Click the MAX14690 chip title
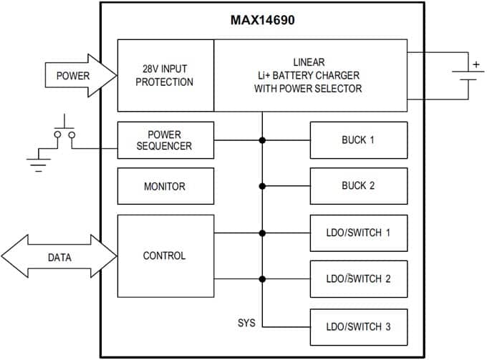point(261,20)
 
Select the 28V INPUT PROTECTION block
point(165,76)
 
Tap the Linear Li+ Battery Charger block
point(309,76)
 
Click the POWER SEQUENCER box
point(165,140)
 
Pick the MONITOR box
point(165,186)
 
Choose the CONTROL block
point(165,256)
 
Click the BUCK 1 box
point(358,140)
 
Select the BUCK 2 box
point(358,186)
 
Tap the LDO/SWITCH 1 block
point(358,233)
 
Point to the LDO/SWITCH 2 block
point(358,279)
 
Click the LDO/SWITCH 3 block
point(358,326)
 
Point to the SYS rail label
point(246,323)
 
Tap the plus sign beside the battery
point(474,64)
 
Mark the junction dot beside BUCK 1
point(262,140)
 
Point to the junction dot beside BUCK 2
point(262,186)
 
